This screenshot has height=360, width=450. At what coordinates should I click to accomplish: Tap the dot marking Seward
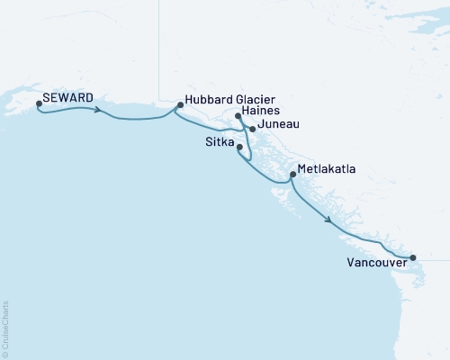39,103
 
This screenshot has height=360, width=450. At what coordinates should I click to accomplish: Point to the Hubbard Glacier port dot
180,105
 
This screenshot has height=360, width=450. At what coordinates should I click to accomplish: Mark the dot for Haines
238,116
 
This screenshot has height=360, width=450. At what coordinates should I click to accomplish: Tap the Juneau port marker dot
253,129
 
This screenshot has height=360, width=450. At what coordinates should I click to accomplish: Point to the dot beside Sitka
239,147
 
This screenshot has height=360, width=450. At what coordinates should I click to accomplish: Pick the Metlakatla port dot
292,175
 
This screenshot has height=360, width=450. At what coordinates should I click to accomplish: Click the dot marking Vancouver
413,258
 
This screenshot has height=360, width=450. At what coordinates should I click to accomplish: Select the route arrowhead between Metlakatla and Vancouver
329,220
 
